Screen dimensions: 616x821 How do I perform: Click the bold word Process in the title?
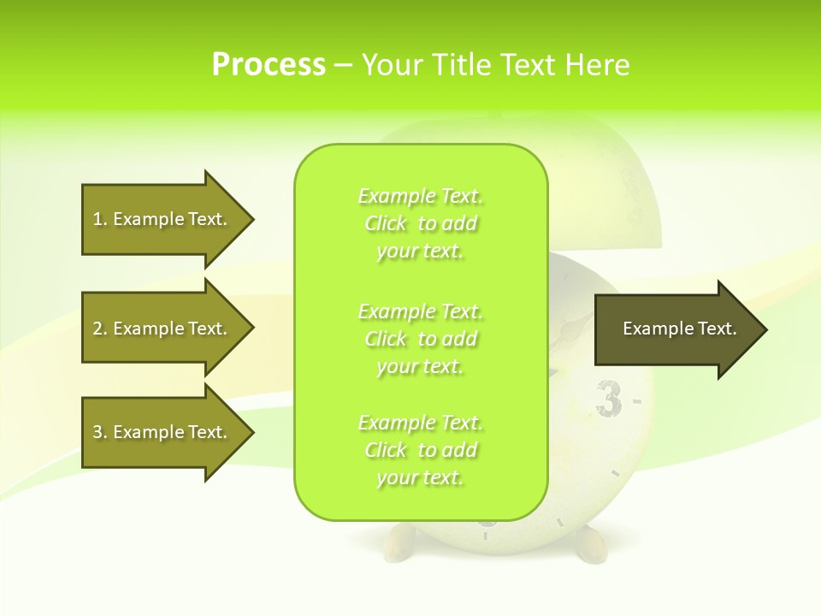click(269, 65)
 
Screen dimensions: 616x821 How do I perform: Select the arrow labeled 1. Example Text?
click(162, 219)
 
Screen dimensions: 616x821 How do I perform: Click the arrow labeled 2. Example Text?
click(162, 329)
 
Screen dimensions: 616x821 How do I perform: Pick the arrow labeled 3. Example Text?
click(162, 432)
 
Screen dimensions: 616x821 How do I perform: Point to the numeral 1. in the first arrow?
click(100, 219)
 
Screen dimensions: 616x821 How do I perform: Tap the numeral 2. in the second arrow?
click(100, 329)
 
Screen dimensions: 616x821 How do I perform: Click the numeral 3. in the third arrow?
click(100, 432)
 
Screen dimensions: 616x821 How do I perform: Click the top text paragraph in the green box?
click(420, 223)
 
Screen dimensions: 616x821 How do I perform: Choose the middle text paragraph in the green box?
click(420, 339)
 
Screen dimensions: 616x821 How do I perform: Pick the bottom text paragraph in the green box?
click(420, 450)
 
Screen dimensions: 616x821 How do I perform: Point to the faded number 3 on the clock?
click(608, 400)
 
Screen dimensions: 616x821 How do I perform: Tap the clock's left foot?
click(400, 541)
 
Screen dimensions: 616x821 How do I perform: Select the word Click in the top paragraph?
click(386, 224)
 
